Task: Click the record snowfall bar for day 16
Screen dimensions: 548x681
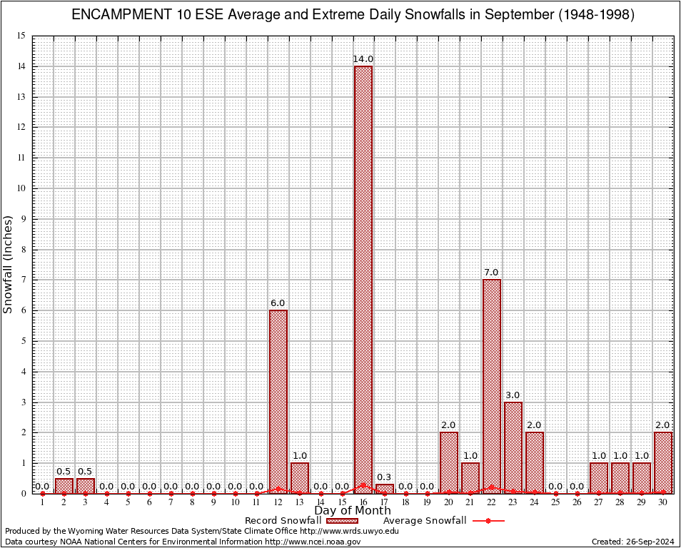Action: [x=363, y=278]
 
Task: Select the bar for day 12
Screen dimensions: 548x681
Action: [x=278, y=400]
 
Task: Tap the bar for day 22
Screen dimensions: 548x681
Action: [x=491, y=385]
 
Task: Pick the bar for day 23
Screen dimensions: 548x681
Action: [x=513, y=447]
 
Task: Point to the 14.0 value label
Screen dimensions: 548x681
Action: [x=363, y=59]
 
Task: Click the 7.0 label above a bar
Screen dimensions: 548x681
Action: [x=491, y=272]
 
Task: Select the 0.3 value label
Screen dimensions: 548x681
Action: [x=385, y=477]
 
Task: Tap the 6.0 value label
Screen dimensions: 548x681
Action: [x=278, y=303]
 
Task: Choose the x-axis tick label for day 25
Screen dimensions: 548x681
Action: [x=555, y=503]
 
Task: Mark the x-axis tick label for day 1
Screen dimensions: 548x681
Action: [x=43, y=503]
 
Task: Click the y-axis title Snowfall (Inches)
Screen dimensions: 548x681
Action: [x=9, y=265]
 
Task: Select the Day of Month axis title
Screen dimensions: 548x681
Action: [x=353, y=511]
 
